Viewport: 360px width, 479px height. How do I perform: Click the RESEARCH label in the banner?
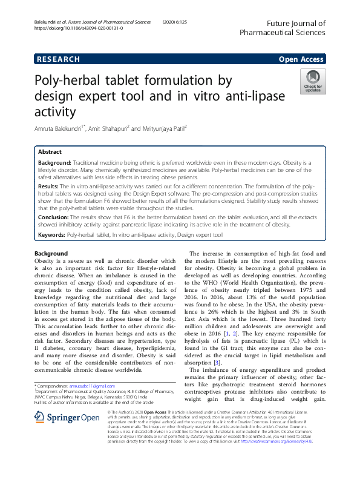[59, 59]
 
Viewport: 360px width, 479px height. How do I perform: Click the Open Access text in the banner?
[301, 59]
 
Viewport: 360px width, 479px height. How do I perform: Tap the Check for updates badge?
[313, 82]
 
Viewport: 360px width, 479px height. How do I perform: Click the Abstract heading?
[50, 152]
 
